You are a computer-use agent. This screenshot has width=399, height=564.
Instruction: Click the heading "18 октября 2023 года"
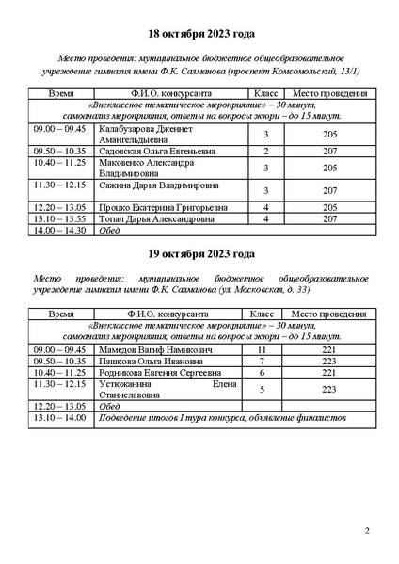click(199, 34)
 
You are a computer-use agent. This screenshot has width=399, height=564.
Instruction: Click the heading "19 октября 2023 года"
click(199, 254)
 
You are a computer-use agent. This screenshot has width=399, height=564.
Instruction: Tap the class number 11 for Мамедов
click(263, 349)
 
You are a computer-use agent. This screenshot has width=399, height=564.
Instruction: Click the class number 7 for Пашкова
click(263, 361)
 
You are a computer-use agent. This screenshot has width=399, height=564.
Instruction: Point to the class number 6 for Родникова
click(263, 372)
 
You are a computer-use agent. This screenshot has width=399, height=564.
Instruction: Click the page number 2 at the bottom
click(366, 532)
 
